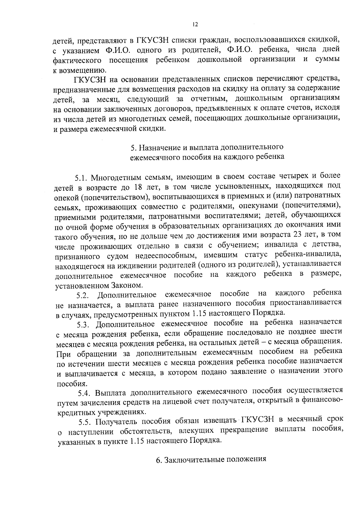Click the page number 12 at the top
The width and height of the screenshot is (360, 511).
195,25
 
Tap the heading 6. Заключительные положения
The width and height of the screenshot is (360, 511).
211,460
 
